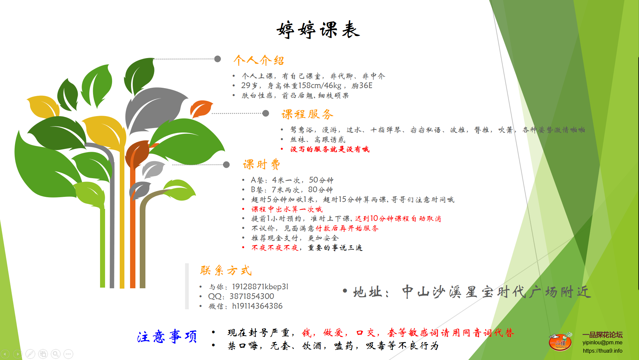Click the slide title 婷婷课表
coord(318,30)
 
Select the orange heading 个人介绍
coord(259,60)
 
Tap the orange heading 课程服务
coord(307,114)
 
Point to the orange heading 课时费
coord(261,164)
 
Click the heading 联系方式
coord(226,270)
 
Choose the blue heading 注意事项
coord(167,336)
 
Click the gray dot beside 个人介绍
coord(217,59)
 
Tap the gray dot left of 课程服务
coord(266,113)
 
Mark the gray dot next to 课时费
coord(226,164)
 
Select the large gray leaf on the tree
coord(155,108)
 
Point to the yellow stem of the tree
coord(122,217)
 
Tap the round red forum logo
coord(560,342)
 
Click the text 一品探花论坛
coord(602,335)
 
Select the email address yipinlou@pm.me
coord(602,343)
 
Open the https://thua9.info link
coord(602,351)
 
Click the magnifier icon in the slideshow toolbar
coord(56,354)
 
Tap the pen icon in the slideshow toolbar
coord(30,354)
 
